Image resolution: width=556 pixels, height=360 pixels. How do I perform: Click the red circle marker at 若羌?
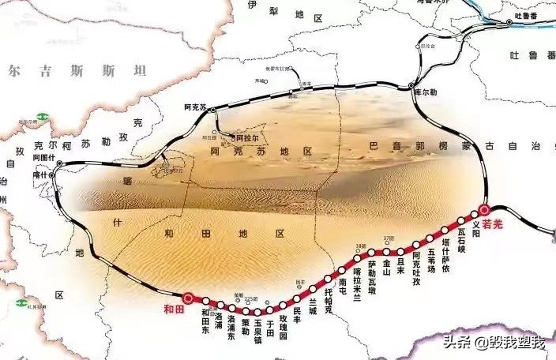tap(485, 211)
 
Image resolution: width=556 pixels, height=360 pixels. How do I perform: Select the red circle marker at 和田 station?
tap(188, 298)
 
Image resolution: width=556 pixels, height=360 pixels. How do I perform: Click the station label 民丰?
tap(297, 316)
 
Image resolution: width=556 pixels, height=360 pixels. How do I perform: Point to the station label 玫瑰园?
tap(284, 328)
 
